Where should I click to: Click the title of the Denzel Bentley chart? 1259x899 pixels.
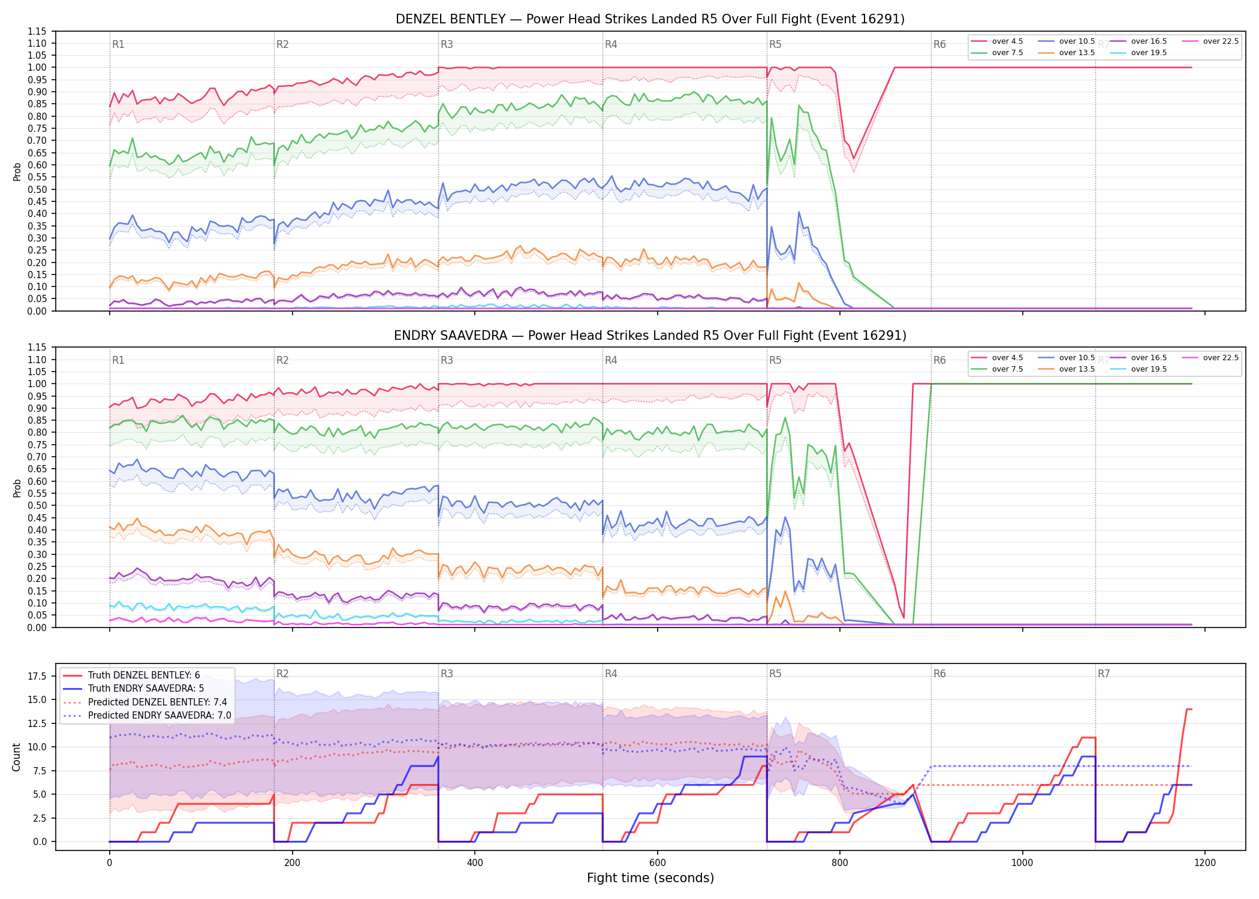click(x=650, y=19)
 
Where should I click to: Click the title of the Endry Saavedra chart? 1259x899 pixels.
click(x=650, y=336)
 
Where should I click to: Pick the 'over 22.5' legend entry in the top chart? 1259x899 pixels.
click(x=1210, y=41)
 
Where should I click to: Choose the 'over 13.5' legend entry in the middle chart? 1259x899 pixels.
click(x=1067, y=369)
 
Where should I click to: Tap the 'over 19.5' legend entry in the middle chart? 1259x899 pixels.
click(x=1138, y=369)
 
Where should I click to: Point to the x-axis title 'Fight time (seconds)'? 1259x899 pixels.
click(x=650, y=878)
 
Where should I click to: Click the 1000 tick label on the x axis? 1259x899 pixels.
click(x=1022, y=863)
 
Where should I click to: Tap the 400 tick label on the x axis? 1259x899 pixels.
click(x=474, y=863)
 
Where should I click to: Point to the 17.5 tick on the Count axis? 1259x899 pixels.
click(x=38, y=676)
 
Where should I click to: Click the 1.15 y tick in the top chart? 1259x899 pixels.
click(x=37, y=31)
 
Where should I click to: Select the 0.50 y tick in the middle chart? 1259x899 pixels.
click(x=37, y=505)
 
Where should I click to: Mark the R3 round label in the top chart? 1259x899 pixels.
click(x=447, y=44)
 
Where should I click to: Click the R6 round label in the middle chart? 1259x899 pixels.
click(x=939, y=360)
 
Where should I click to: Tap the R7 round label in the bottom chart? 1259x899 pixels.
click(x=1104, y=674)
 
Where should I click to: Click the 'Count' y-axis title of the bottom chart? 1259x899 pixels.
click(x=16, y=757)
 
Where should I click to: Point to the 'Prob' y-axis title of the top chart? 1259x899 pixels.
click(x=17, y=171)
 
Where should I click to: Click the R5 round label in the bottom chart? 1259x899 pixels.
click(x=775, y=674)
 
